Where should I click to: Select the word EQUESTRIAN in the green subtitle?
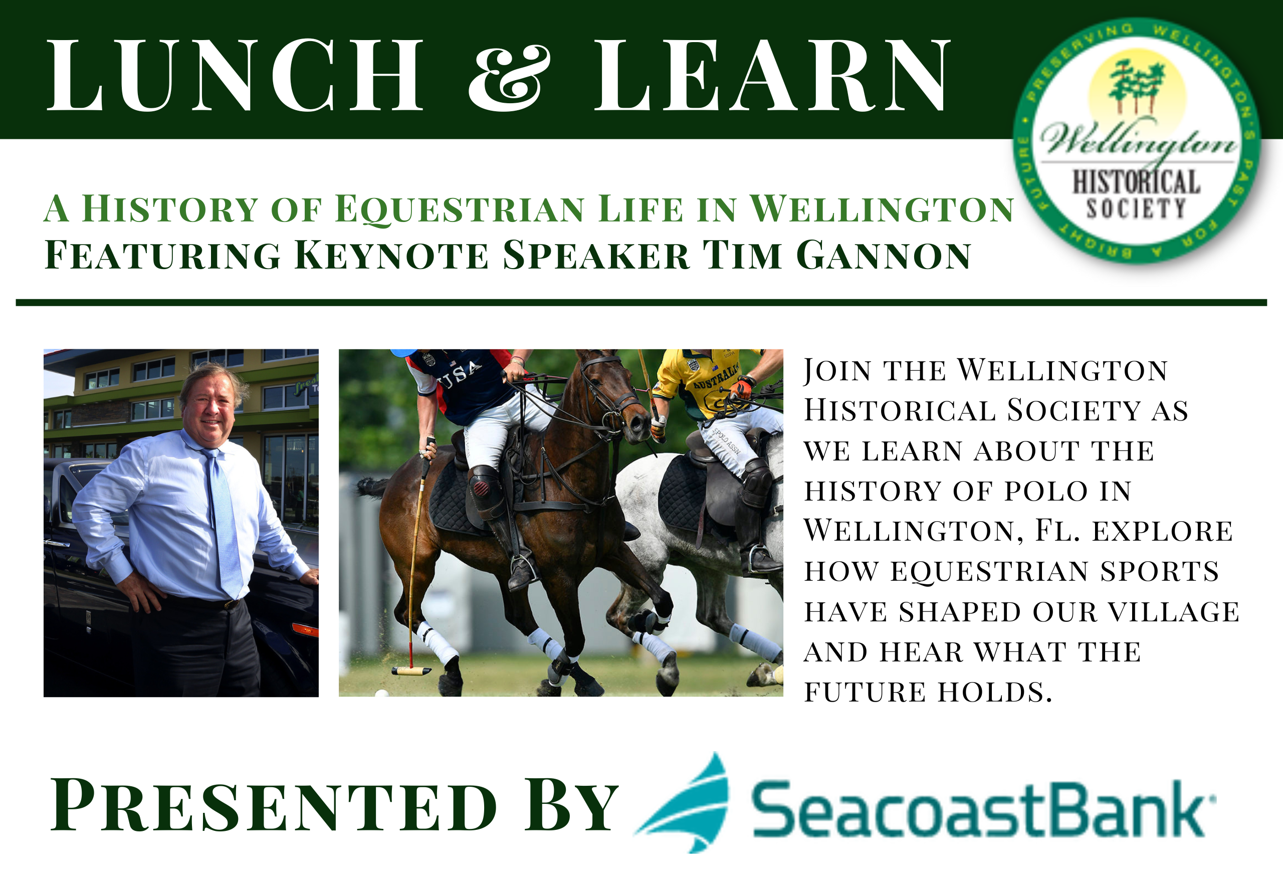(460, 209)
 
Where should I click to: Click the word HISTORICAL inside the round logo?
(1136, 182)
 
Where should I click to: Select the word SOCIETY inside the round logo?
(1136, 208)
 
